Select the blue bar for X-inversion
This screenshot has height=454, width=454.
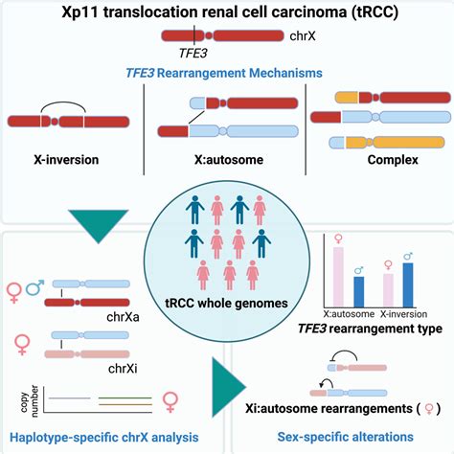409,282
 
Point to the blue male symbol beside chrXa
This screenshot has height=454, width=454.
45,288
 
